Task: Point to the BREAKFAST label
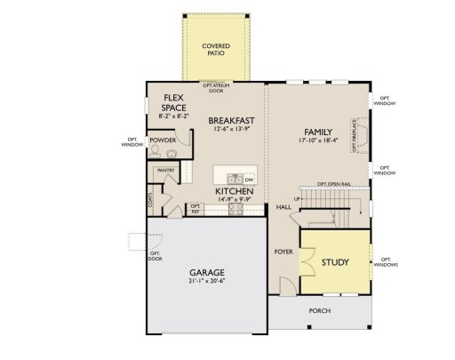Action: (x=233, y=120)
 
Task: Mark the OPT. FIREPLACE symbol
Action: (x=354, y=135)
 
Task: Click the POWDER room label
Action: (x=162, y=140)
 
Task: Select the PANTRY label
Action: (x=165, y=169)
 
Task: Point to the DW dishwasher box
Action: (x=249, y=179)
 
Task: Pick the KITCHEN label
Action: (x=235, y=191)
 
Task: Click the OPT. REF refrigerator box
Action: (x=196, y=209)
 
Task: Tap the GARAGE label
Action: (x=206, y=272)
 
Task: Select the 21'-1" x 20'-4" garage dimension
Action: (x=206, y=282)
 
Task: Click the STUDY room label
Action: (x=335, y=262)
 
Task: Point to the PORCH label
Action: (x=320, y=311)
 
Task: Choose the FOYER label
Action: (x=283, y=252)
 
